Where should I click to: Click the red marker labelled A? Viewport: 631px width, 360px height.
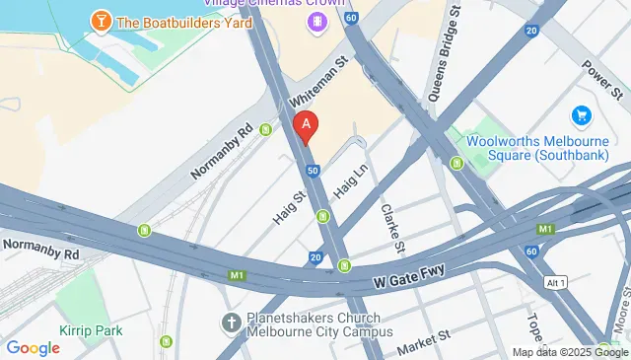pos(307,125)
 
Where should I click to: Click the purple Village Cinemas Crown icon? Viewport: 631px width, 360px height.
pos(316,21)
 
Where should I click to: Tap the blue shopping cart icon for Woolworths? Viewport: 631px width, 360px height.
pos(581,116)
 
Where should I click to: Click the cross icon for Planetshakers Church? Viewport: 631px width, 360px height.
pos(231,323)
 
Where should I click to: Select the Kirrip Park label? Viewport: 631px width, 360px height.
pos(91,330)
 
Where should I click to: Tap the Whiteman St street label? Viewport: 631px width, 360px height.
pos(319,81)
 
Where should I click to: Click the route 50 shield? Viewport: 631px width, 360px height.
pos(313,171)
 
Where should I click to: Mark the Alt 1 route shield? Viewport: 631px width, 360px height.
pos(557,283)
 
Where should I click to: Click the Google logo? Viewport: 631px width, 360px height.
pos(33,347)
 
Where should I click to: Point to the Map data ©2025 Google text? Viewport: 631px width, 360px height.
pos(569,352)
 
